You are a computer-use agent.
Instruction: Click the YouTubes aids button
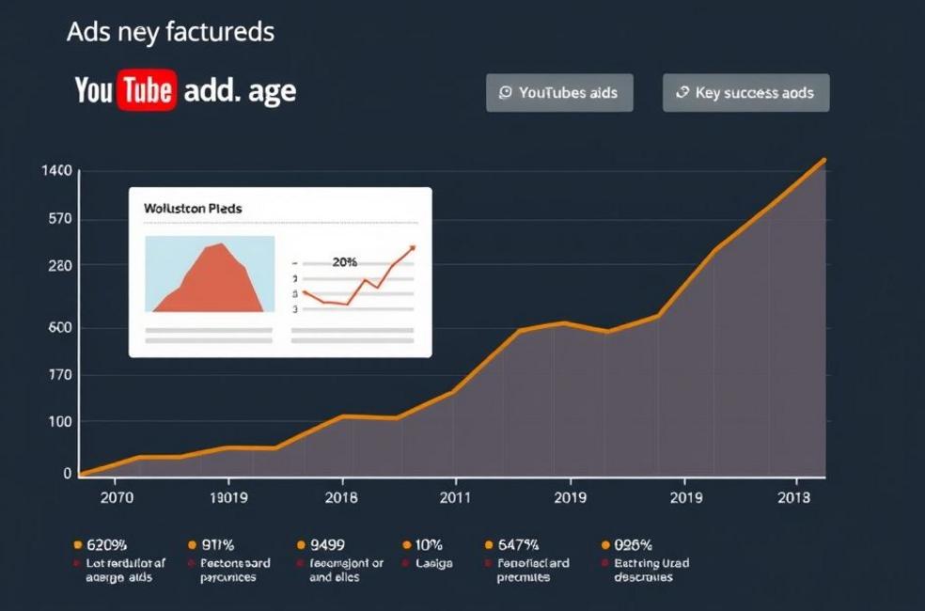point(559,93)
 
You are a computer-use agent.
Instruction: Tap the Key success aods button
point(745,93)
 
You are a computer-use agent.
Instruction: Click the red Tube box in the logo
point(147,90)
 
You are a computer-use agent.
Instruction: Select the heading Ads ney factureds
point(170,32)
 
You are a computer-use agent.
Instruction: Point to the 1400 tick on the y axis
point(56,171)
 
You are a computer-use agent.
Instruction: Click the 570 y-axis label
point(58,219)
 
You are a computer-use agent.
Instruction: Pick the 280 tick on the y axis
point(58,266)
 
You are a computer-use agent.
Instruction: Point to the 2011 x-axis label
point(455,498)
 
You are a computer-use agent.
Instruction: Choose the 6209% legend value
point(106,544)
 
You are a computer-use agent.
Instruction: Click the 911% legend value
point(218,544)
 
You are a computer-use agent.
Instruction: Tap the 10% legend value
point(429,544)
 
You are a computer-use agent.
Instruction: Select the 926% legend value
point(633,544)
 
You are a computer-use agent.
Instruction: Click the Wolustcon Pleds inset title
point(192,208)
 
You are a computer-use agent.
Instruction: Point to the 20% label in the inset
point(345,262)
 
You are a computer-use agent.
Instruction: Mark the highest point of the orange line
point(824,160)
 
